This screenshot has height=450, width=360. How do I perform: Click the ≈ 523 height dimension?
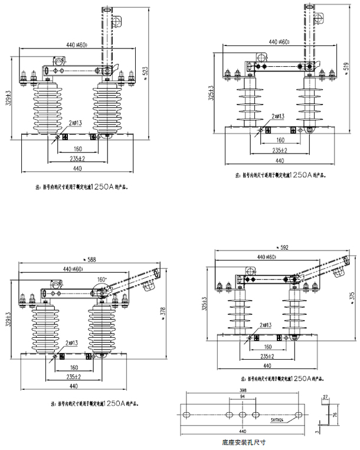(x=146, y=70)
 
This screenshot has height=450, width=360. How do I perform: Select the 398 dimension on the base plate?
(x=243, y=391)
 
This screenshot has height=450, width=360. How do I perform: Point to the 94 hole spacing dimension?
(x=243, y=398)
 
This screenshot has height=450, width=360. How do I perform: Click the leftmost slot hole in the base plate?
(x=188, y=414)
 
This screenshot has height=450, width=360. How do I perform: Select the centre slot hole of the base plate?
(x=243, y=414)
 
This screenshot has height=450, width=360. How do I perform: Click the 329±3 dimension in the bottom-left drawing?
(x=8, y=323)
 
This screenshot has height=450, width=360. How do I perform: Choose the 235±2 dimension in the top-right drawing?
(x=277, y=151)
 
